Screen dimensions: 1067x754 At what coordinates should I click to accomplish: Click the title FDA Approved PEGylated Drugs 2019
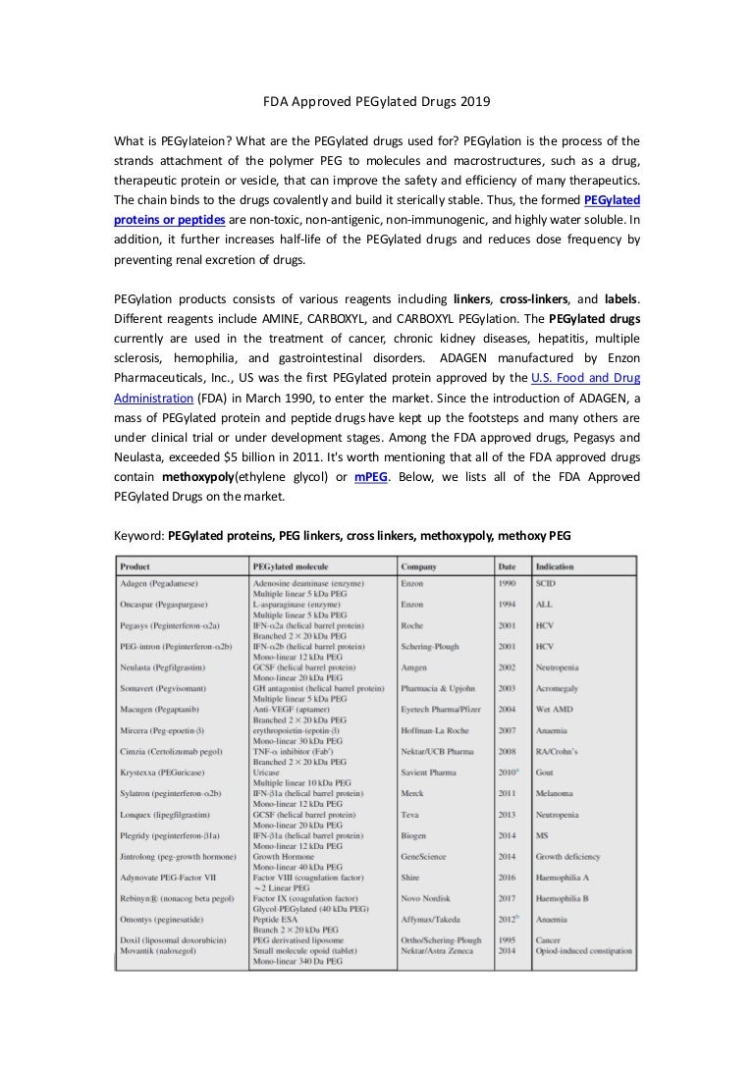[x=377, y=102]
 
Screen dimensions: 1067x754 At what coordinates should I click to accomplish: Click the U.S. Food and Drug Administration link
[x=585, y=377]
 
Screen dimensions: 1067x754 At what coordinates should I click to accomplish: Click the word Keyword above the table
[x=139, y=536]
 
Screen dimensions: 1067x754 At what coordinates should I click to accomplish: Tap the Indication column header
[x=555, y=566]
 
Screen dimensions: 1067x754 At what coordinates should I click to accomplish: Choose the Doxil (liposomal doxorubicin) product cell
[x=173, y=940]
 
